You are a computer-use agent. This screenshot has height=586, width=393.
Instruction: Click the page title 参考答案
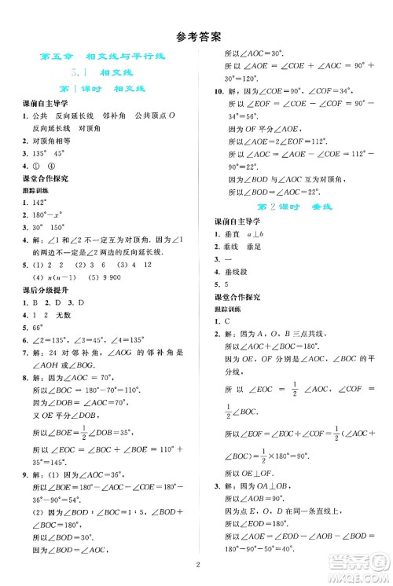196,36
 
